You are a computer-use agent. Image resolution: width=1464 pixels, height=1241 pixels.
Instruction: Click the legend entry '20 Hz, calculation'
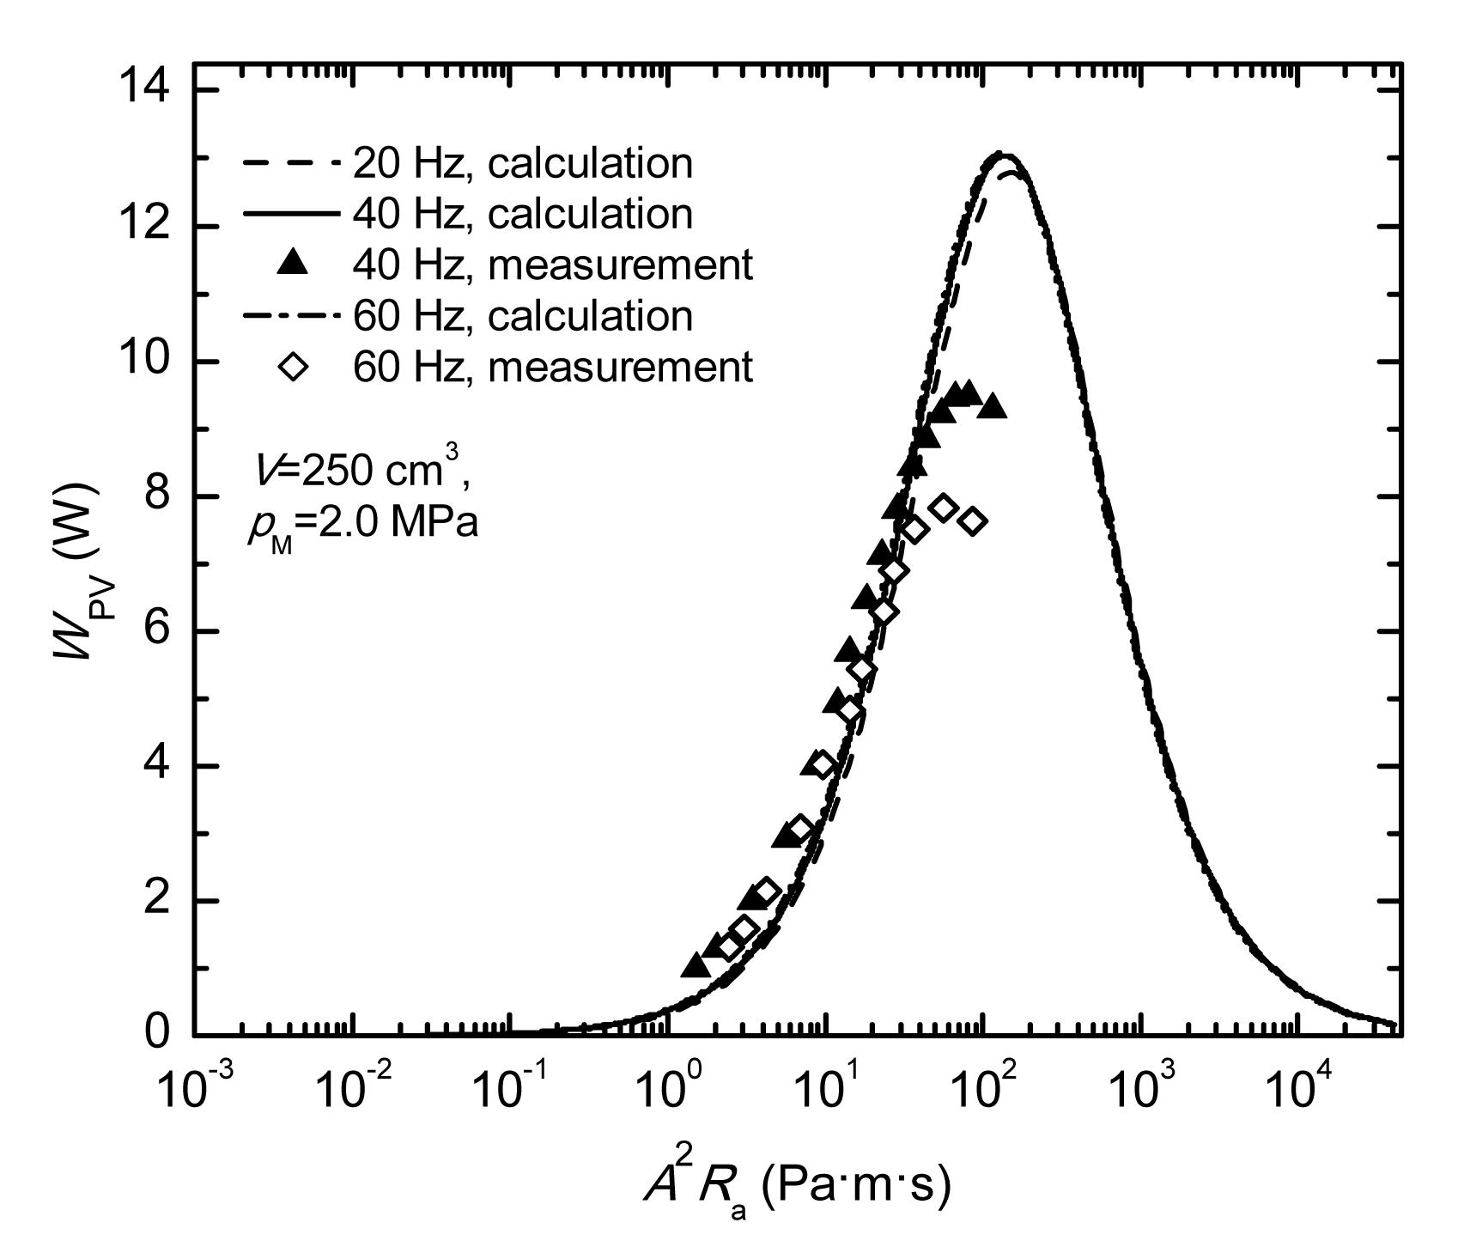pyautogui.click(x=522, y=163)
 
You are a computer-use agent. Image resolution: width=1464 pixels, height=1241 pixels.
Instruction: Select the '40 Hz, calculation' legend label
pyautogui.click(x=522, y=214)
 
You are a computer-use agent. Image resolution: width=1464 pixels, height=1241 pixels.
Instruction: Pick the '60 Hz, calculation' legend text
pyautogui.click(x=522, y=316)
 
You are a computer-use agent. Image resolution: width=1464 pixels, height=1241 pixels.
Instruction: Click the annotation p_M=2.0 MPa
pyautogui.click(x=361, y=524)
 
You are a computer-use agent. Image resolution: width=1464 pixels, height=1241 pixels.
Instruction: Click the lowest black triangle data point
pyautogui.click(x=696, y=965)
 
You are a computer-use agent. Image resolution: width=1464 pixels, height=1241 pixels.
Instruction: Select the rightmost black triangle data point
pyautogui.click(x=993, y=405)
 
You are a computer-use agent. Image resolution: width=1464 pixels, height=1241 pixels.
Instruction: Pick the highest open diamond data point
pyautogui.click(x=943, y=508)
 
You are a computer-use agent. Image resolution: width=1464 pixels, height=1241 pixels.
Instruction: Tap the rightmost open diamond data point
pyautogui.click(x=973, y=521)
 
